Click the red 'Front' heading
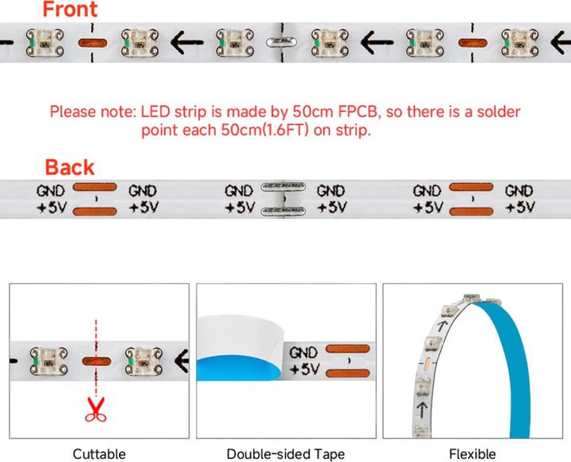70,10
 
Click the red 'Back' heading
69,167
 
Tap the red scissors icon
97,408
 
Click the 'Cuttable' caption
99,454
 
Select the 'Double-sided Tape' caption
285,454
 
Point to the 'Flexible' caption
472,454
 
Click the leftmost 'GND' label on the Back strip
52,191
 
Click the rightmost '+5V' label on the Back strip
519,208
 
